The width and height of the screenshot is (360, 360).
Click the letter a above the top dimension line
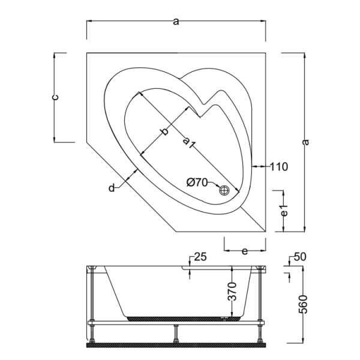175,22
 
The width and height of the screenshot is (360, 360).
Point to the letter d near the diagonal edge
112,188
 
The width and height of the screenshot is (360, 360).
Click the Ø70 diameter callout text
197,182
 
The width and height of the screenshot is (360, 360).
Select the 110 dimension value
279,167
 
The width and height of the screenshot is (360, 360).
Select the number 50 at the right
300,257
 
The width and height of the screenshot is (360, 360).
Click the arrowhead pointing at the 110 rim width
255,167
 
